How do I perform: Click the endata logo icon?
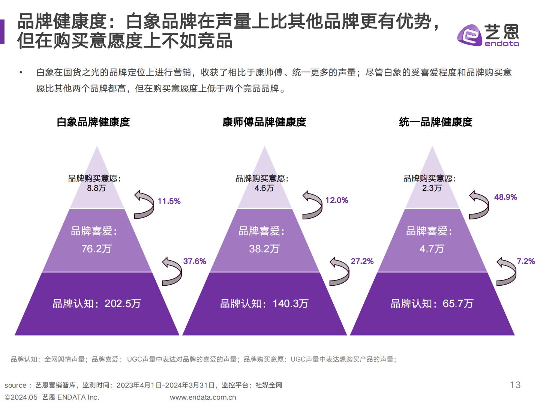click(x=469, y=35)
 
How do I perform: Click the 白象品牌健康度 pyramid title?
click(x=93, y=122)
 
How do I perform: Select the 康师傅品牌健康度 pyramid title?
click(x=264, y=122)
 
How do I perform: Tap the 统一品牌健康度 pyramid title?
click(x=435, y=122)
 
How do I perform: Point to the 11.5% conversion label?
click(x=169, y=201)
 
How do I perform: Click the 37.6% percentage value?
click(x=195, y=261)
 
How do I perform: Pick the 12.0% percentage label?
click(x=336, y=200)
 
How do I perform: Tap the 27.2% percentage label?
click(x=362, y=261)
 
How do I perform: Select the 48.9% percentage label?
click(x=505, y=197)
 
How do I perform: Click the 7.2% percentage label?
click(x=526, y=261)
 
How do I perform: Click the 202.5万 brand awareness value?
click(x=123, y=303)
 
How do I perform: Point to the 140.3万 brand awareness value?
click(x=290, y=303)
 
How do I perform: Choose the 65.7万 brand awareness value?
click(x=458, y=303)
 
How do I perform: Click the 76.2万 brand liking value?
click(x=96, y=249)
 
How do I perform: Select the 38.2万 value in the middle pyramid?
click(x=264, y=249)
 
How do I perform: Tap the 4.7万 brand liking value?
click(x=432, y=249)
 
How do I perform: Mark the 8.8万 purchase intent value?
click(x=96, y=188)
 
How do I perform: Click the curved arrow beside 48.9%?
click(x=479, y=205)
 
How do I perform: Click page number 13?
click(x=515, y=385)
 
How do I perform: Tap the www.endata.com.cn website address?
click(x=203, y=397)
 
